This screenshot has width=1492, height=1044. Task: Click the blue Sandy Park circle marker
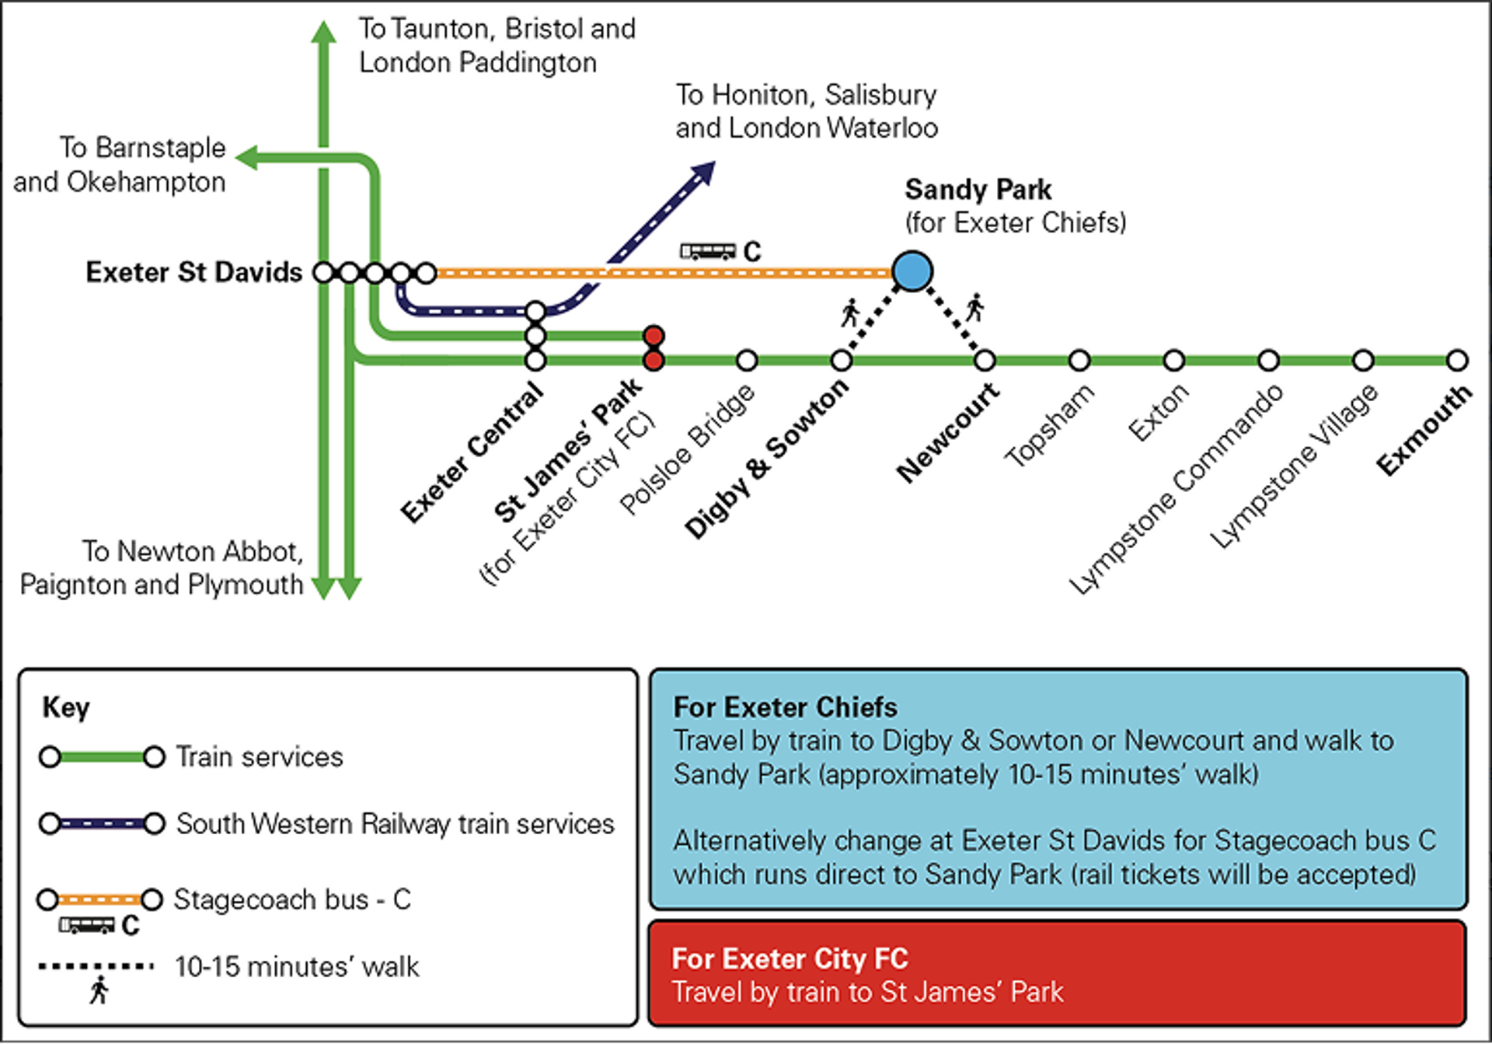[912, 271]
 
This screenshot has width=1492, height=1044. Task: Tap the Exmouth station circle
[1458, 361]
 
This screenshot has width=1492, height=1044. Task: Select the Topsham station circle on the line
[1079, 361]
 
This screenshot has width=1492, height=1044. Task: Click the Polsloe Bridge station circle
[747, 361]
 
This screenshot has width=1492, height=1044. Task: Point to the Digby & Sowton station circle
[842, 361]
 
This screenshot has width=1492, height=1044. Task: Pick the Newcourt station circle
[985, 361]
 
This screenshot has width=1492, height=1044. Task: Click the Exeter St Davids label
[193, 272]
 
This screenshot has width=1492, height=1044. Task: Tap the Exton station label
[1158, 412]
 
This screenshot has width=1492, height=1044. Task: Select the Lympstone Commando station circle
[1268, 361]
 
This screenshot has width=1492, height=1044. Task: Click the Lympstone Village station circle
[1363, 361]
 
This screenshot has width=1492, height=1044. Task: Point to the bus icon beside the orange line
[708, 251]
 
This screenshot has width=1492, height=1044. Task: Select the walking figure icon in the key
[99, 990]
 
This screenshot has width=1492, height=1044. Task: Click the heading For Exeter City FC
[790, 958]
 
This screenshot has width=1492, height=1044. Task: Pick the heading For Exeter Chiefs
[785, 707]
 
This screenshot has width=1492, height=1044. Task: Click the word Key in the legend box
[66, 707]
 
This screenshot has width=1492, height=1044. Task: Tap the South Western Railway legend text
[395, 824]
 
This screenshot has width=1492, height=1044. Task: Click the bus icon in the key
[87, 925]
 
